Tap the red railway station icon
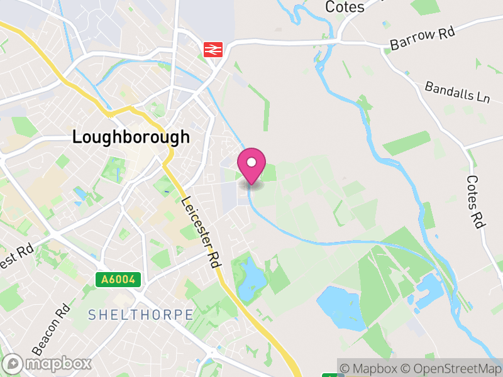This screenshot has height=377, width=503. [x=213, y=49]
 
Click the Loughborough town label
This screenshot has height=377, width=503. [x=131, y=137]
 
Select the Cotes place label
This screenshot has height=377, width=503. [x=345, y=7]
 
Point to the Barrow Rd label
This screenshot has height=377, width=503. [x=422, y=39]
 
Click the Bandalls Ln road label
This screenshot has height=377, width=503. [x=457, y=92]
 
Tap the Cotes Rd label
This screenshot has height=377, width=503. [x=475, y=201]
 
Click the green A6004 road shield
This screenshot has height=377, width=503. [x=118, y=280]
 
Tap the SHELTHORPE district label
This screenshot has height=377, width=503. [x=141, y=314]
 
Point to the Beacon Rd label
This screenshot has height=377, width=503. [x=50, y=331]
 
